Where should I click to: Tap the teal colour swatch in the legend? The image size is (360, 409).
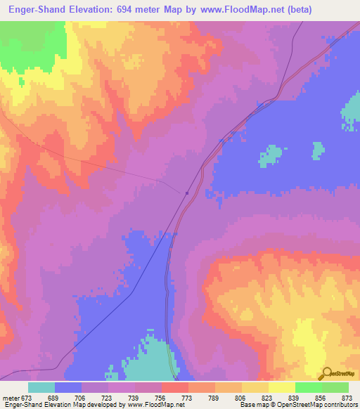(x=41, y=387)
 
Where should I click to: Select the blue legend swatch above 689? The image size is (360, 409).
(x=68, y=387)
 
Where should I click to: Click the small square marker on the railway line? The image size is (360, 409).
(x=186, y=193)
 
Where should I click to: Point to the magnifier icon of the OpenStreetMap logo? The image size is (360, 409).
(x=325, y=373)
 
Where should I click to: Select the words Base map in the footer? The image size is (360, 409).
(x=250, y=405)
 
